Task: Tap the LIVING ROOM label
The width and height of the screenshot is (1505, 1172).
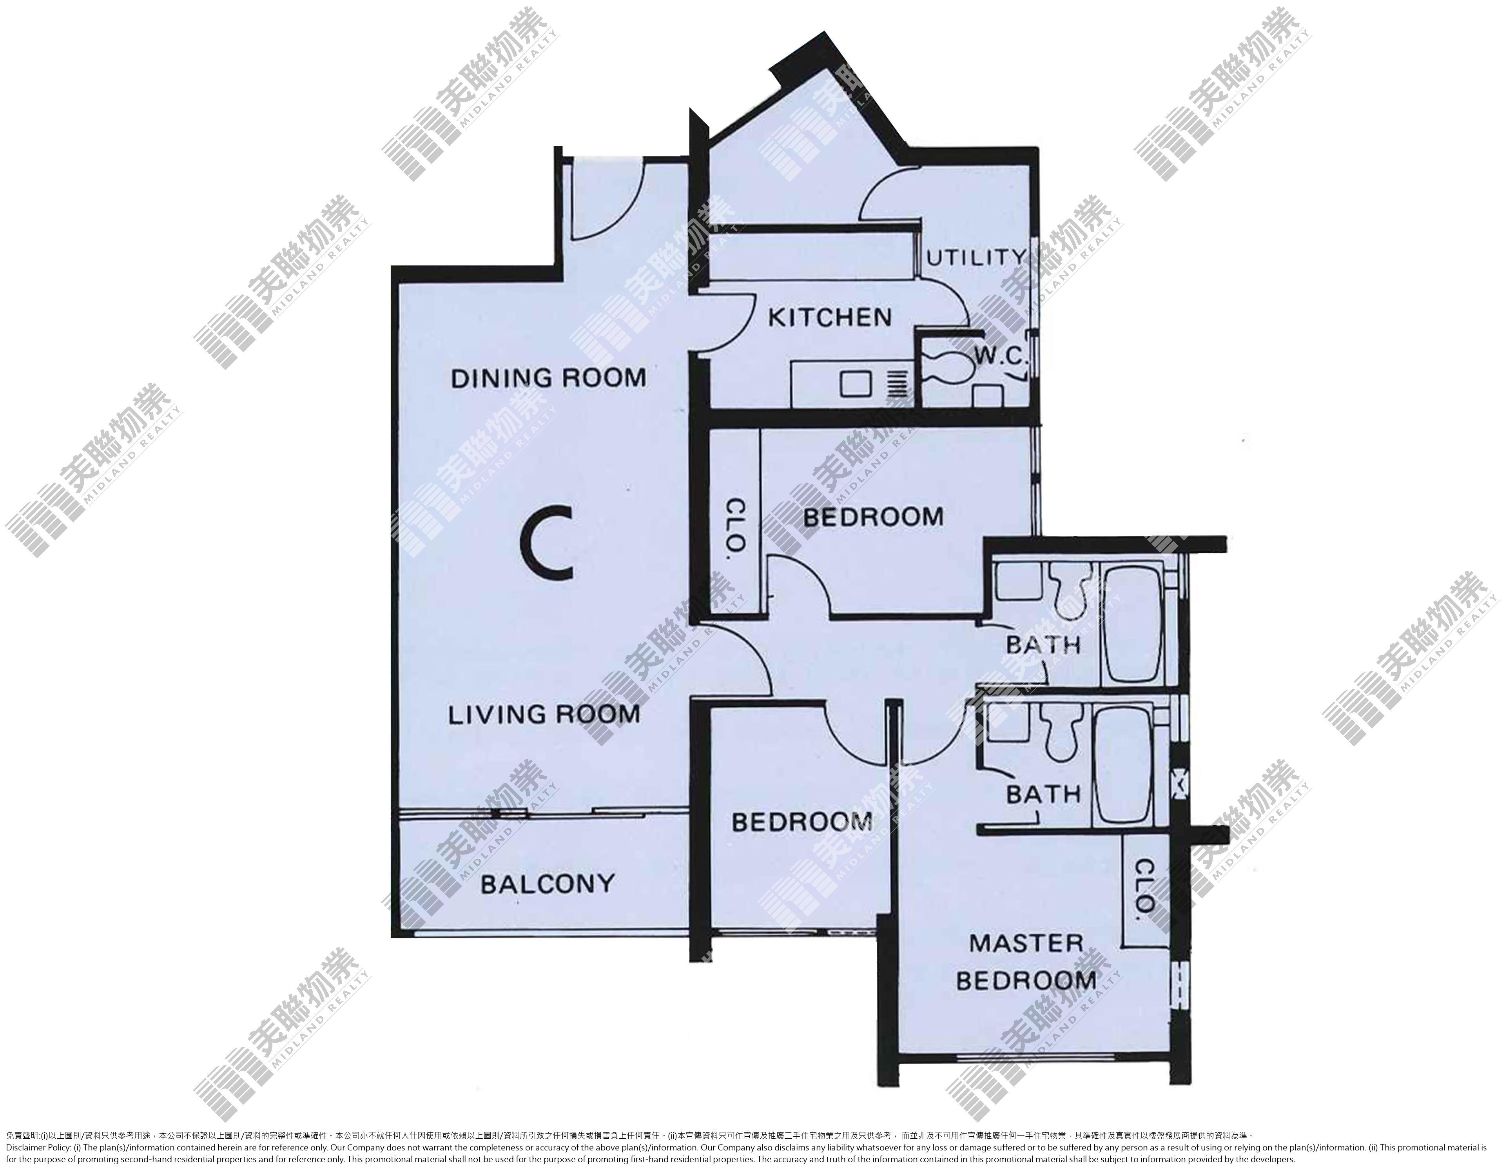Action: pos(544,715)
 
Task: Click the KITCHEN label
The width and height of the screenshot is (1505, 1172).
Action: pos(830,317)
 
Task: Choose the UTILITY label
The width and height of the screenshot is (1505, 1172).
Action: pos(976,258)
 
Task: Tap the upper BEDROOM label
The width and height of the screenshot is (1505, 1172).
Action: pos(873,517)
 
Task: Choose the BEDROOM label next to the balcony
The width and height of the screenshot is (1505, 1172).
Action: pos(802,822)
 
